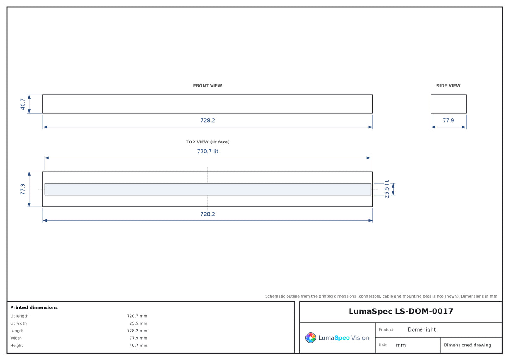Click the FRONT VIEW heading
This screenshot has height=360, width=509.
coord(207,86)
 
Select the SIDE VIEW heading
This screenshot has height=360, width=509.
coord(448,86)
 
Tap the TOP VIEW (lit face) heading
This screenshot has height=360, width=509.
coord(207,142)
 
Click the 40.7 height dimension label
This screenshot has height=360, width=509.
coord(22,104)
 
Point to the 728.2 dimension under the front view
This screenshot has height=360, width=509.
coord(207,120)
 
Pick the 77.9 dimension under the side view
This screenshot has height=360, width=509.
coord(448,120)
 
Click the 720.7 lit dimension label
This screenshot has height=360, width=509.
coord(207,151)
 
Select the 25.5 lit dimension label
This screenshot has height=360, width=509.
coord(386,189)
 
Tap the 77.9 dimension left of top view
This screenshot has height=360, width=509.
coord(22,189)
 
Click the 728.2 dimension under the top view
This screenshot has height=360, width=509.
coord(207,214)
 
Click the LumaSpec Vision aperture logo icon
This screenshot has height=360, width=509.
coord(310,337)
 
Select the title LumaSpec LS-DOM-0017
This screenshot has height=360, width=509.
coord(400,311)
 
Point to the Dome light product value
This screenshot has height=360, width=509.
coord(422,329)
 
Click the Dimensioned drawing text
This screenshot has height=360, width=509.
coord(467,345)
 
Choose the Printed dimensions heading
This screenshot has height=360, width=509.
coord(34,307)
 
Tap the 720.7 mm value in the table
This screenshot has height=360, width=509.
coord(137,316)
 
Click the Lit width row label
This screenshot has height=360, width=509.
coord(18,323)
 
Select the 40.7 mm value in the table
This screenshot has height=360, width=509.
coord(138,345)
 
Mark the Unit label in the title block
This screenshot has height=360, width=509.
coord(383,345)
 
